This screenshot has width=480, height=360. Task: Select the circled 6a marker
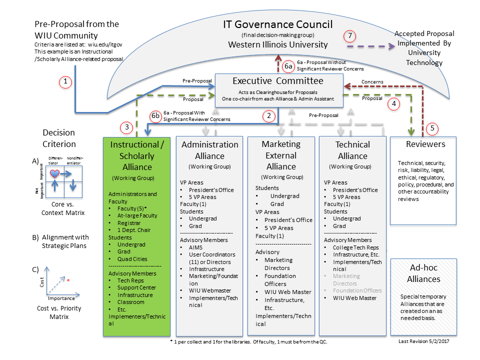[x=288, y=66]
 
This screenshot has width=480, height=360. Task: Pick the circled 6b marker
[x=156, y=116]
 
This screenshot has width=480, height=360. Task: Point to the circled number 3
[x=127, y=127]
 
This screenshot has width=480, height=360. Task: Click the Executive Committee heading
[x=278, y=80]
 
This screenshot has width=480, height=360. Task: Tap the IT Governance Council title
[x=278, y=24]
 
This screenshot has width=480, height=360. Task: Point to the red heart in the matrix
[x=55, y=173]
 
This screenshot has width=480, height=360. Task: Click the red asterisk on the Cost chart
[x=68, y=280]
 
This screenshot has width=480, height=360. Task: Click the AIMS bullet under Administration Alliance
[x=196, y=247]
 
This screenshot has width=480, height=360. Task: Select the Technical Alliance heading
[x=352, y=150]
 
